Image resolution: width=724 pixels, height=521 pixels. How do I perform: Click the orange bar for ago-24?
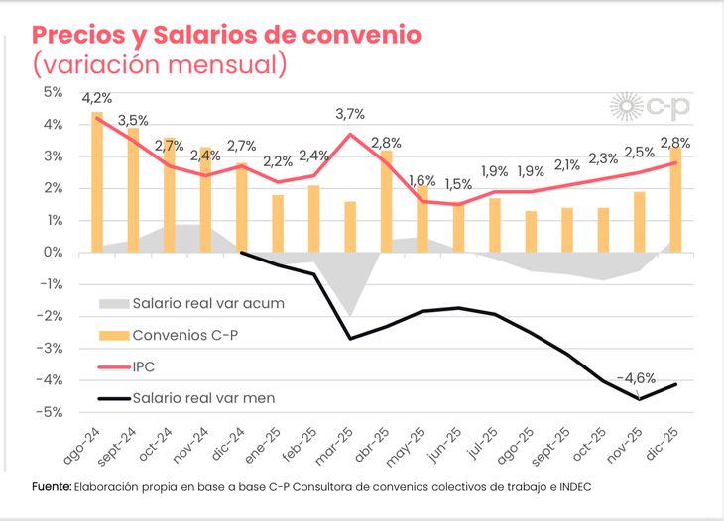(x=97, y=181)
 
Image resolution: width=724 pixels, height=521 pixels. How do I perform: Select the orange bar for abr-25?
(x=386, y=201)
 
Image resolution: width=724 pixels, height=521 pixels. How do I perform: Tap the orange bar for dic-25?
(x=674, y=199)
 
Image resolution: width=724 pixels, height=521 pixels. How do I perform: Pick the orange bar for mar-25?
(x=350, y=227)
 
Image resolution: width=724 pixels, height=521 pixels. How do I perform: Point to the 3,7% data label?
(x=350, y=114)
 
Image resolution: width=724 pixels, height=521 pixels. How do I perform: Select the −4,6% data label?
(x=636, y=378)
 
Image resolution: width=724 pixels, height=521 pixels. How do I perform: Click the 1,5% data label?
(x=458, y=184)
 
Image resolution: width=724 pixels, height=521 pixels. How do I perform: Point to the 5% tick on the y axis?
(x=52, y=92)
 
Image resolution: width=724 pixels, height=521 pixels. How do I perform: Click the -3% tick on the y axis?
(x=50, y=348)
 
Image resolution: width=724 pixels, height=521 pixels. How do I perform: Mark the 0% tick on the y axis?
(x=52, y=252)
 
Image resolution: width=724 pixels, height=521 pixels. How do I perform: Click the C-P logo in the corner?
(x=651, y=106)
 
